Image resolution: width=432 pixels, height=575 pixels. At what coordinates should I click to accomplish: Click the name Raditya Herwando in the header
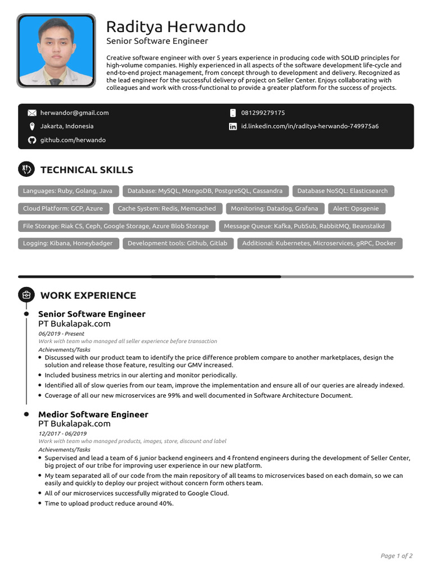click(x=175, y=27)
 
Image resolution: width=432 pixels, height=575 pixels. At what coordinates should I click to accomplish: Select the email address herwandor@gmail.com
click(x=74, y=113)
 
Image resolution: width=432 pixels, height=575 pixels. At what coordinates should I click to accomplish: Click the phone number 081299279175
click(x=263, y=113)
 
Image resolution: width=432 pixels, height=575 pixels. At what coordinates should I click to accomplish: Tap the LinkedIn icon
click(x=233, y=126)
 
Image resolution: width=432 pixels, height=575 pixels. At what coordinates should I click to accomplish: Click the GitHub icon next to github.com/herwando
click(x=32, y=140)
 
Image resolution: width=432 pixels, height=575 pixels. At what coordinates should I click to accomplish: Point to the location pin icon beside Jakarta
click(x=32, y=126)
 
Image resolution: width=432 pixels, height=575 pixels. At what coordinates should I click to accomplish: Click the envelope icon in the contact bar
click(x=32, y=113)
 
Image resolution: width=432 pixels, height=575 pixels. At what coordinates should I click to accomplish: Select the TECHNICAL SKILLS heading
click(x=87, y=170)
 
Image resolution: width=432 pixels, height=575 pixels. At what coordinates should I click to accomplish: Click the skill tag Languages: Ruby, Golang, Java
click(x=67, y=191)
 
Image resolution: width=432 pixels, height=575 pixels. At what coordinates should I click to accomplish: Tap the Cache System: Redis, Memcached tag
click(x=166, y=208)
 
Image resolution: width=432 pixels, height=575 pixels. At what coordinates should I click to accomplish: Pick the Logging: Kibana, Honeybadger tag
click(x=67, y=243)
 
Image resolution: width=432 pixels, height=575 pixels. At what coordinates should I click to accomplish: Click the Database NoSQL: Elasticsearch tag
click(x=342, y=191)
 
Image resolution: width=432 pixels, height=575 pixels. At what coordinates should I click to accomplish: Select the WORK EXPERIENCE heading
click(x=88, y=295)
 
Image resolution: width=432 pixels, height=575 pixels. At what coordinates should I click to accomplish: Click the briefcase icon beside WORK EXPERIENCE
click(x=26, y=295)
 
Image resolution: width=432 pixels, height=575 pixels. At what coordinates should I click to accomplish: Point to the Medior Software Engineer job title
click(x=93, y=414)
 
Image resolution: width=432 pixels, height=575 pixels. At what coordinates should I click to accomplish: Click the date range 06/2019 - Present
click(x=61, y=334)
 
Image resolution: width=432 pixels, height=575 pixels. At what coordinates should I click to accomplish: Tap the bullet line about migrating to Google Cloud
click(x=137, y=493)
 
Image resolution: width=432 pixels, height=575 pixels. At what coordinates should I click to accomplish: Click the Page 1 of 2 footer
click(x=397, y=556)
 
